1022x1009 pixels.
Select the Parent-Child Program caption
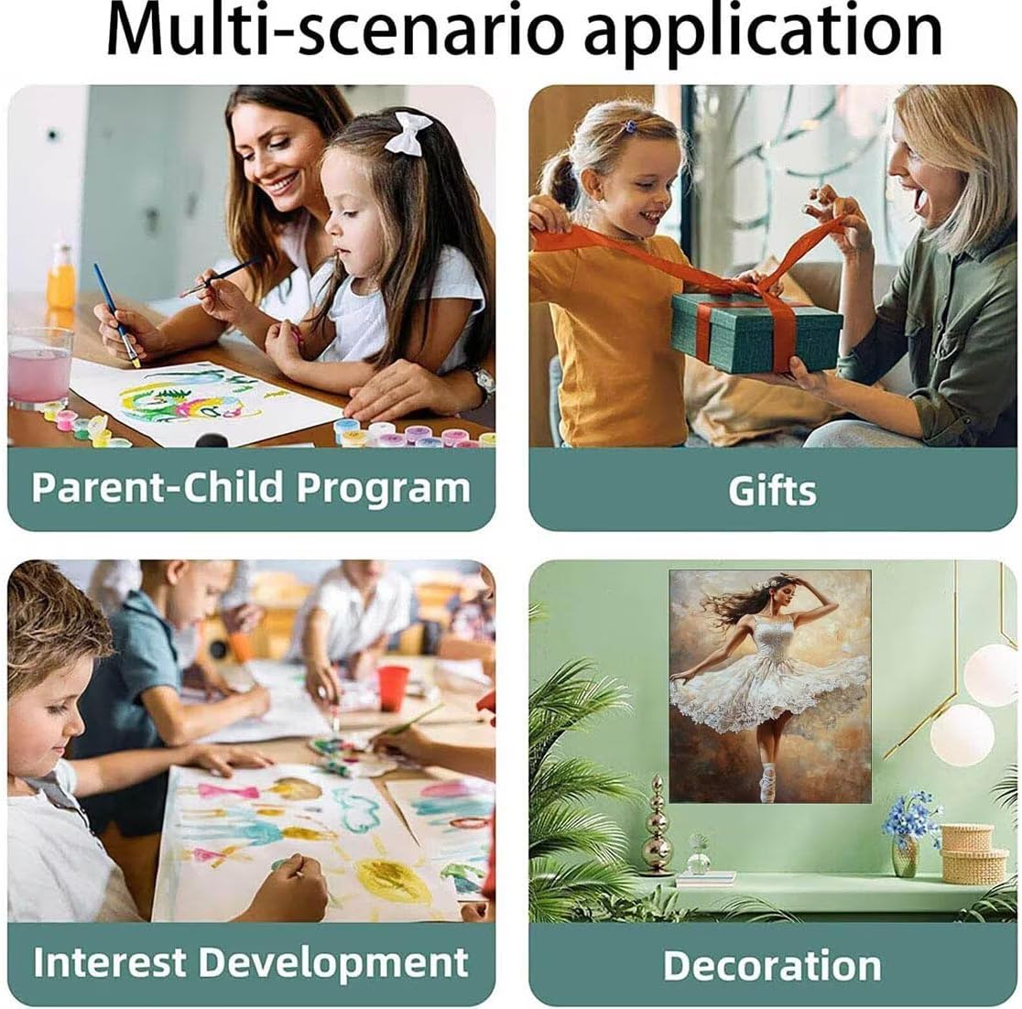251,487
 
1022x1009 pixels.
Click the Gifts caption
772,490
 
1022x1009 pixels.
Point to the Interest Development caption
251,963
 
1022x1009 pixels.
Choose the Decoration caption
772,965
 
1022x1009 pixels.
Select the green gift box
756,331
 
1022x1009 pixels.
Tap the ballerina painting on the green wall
770,686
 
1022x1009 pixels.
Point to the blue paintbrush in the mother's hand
116,314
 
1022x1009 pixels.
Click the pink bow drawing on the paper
228,792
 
